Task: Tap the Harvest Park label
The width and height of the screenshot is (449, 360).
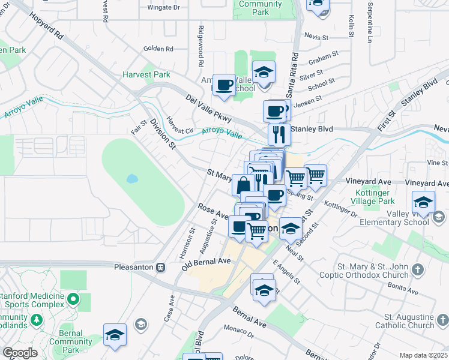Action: pos(146,75)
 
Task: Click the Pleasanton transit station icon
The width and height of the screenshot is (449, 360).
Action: pos(160,267)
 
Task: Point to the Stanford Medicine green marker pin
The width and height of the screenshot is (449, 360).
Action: pos(73,298)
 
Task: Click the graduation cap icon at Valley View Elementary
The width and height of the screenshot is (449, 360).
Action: pos(423,202)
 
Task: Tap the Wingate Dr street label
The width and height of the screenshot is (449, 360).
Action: pos(163,8)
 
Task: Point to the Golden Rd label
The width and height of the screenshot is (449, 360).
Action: pos(158,49)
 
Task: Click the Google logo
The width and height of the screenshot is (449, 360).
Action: pos(19,353)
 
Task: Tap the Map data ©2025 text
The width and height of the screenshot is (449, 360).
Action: pos(424,355)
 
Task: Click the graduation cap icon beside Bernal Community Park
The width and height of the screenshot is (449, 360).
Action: pos(115,335)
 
